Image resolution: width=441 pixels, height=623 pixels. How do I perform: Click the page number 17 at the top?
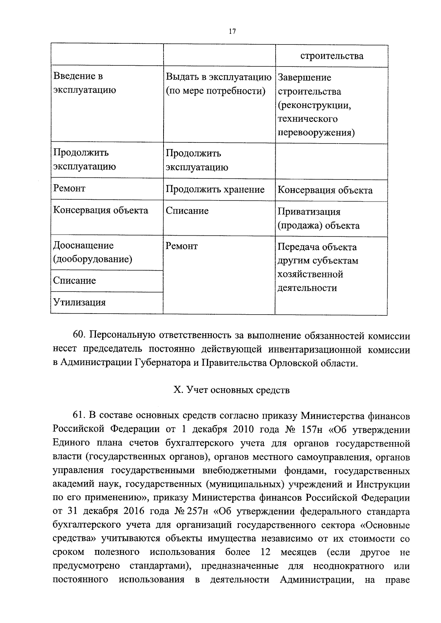pos(232,32)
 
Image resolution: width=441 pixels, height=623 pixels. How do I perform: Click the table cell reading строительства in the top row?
pos(331,56)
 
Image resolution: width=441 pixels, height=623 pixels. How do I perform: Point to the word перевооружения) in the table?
pos(316,132)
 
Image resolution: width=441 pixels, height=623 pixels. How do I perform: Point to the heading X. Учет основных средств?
pos(232,390)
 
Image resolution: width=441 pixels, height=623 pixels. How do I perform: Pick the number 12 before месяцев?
pos(265,552)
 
